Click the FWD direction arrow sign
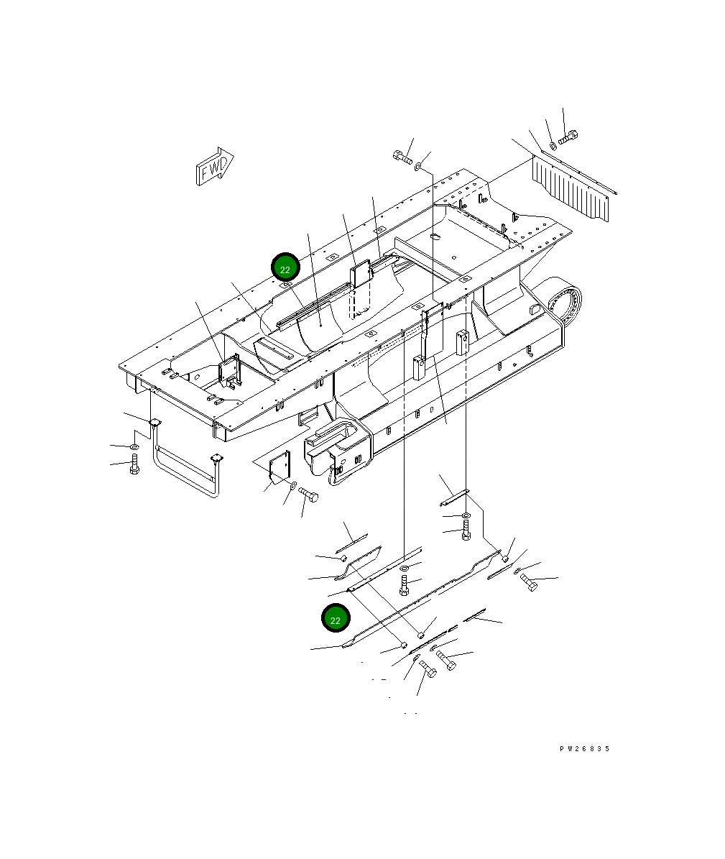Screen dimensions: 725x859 click(x=215, y=166)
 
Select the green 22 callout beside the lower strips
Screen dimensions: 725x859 click(x=335, y=618)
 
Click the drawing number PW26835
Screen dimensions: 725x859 click(x=584, y=748)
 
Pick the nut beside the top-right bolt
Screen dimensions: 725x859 click(x=553, y=146)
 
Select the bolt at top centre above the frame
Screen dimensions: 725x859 click(x=402, y=157)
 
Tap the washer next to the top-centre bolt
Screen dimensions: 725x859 click(x=419, y=165)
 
